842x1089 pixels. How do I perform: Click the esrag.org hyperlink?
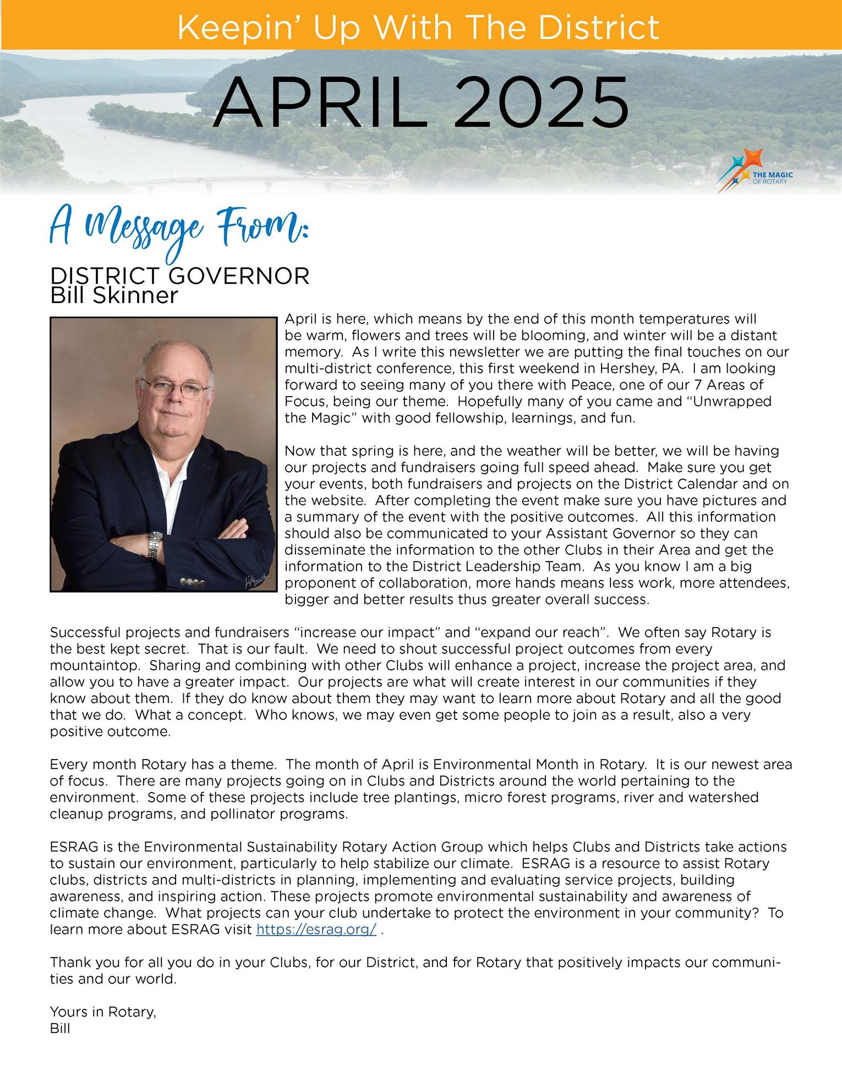click(316, 930)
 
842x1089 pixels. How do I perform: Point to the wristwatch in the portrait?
click(155, 545)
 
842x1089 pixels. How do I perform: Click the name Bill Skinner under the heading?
click(114, 296)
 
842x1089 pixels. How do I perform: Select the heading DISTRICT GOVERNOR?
click(179, 276)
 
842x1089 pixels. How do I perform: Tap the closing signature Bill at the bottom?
click(60, 1028)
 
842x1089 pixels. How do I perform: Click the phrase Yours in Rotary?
click(103, 1011)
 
